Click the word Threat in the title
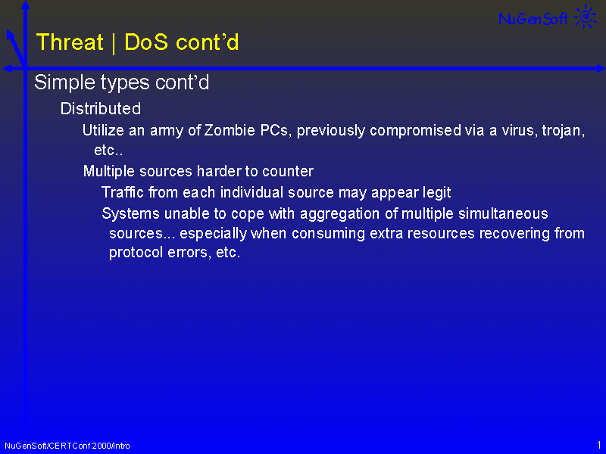tap(70, 42)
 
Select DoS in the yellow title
tap(146, 42)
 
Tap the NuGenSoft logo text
tap(533, 18)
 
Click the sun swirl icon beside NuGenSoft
tap(586, 17)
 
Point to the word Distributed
tap(101, 108)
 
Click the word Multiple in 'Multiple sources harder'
tap(109, 171)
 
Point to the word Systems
tap(130, 213)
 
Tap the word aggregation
tap(339, 214)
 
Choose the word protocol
tap(136, 253)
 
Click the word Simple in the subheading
tap(64, 82)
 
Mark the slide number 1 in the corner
tap(599, 445)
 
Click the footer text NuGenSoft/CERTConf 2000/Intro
tap(67, 446)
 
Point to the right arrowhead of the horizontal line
tap(601, 69)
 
